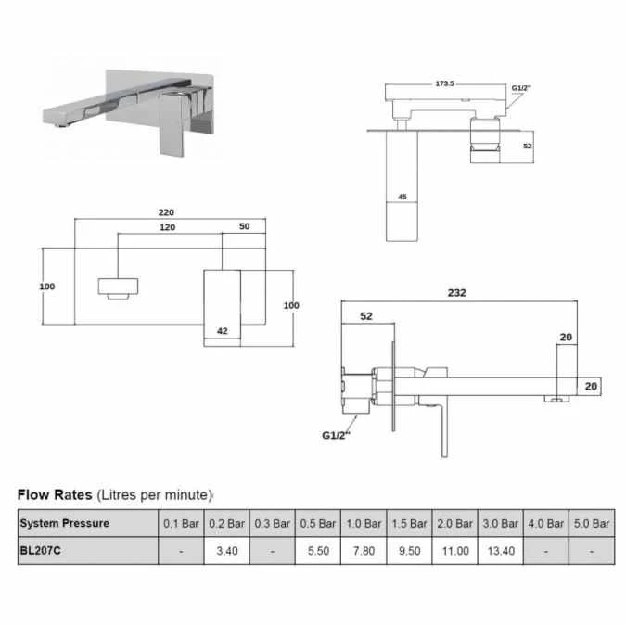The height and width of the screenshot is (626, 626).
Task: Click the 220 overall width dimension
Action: coord(166,211)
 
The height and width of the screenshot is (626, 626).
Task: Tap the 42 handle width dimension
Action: coord(222,330)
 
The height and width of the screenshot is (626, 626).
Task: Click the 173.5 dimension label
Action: coord(444,83)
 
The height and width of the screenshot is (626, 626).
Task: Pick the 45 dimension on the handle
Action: coord(402,197)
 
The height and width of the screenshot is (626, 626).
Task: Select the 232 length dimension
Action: coord(457,292)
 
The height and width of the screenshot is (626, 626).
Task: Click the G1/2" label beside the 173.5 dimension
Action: coord(522,88)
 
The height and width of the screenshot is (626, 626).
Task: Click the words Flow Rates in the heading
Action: coord(56,494)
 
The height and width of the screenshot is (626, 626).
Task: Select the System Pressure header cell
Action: coord(64,523)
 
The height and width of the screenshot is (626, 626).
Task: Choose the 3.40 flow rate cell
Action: coord(228,550)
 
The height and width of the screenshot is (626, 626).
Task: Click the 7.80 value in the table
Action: coord(364,550)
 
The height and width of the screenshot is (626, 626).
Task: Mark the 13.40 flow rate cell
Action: coord(500,550)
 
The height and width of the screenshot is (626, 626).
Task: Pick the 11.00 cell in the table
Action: coord(454,550)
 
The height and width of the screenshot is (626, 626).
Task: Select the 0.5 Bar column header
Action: coord(318,523)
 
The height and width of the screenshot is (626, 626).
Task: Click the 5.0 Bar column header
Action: coord(590,523)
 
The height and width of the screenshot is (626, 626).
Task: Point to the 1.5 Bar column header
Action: coord(409,523)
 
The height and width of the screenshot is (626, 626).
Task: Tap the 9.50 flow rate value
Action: coord(409,550)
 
